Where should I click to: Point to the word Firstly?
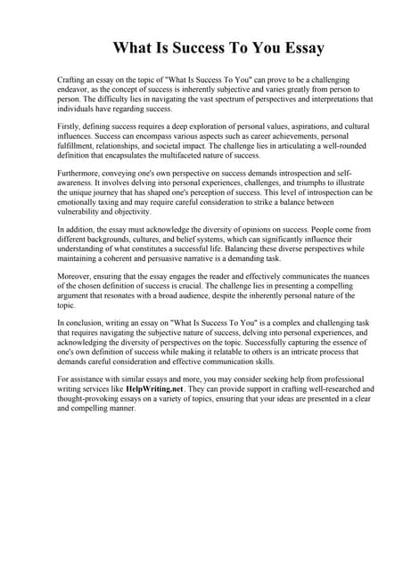pyautogui.click(x=70, y=127)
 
